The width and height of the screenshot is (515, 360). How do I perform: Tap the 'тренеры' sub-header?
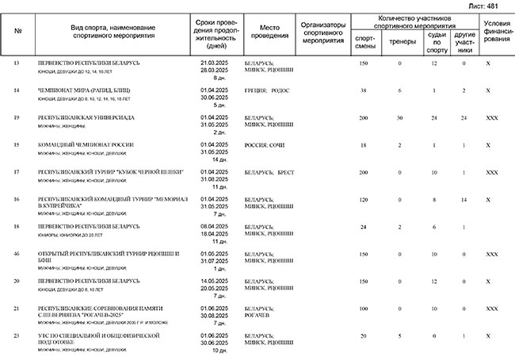coord(399,37)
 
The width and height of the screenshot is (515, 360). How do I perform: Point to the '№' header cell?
coord(17,32)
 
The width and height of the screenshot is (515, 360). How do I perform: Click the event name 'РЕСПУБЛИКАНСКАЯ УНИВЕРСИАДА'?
coord(86,117)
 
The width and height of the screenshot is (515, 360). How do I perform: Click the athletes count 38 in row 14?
coord(364,91)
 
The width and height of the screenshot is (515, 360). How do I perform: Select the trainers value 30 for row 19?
coord(399,117)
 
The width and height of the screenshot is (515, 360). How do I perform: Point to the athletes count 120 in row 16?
coord(364,199)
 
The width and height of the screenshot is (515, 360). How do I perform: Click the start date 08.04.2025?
coord(215,227)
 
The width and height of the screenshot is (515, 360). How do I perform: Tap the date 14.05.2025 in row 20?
coord(215,281)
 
